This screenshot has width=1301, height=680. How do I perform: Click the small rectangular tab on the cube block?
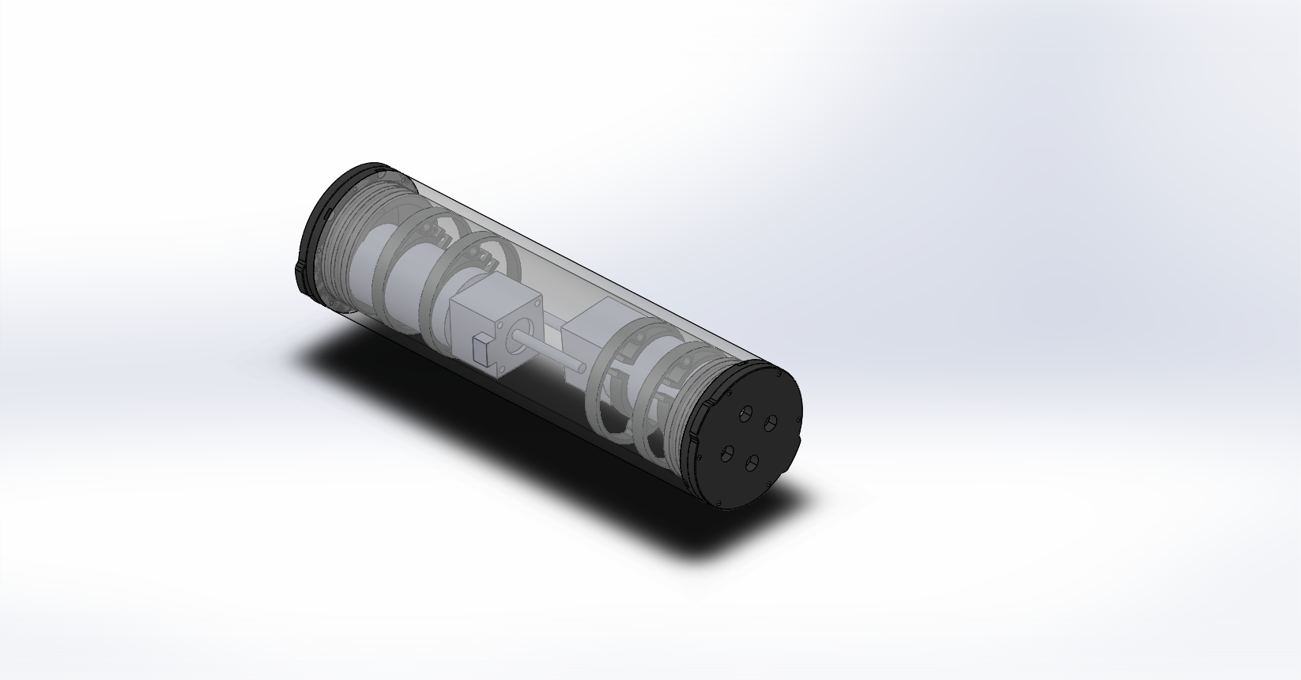pos(480,348)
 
